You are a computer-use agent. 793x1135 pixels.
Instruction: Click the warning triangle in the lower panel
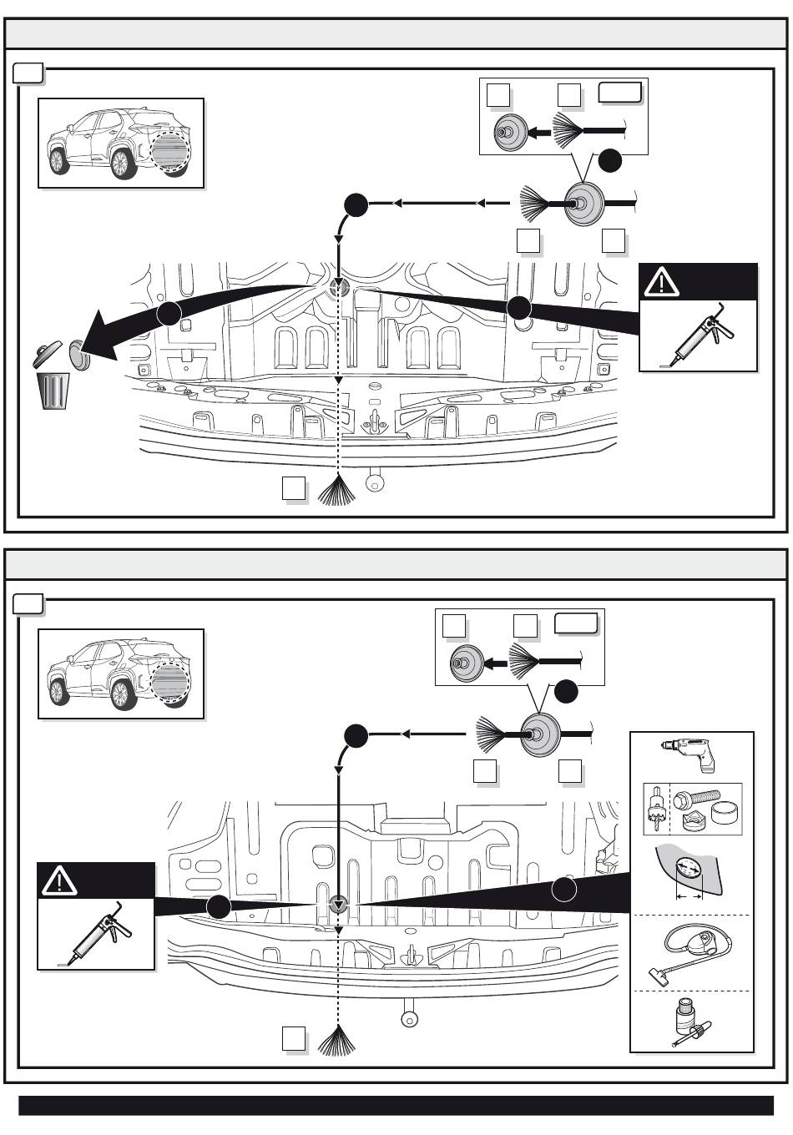coord(59,880)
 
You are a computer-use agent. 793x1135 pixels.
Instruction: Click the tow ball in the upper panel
coord(376,481)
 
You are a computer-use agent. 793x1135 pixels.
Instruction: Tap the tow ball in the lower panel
coord(409,1018)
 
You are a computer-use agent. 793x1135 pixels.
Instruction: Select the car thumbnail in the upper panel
coord(121,144)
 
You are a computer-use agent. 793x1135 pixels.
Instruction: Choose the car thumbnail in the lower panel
coord(121,673)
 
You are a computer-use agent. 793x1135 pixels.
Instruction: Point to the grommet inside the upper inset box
coord(506,133)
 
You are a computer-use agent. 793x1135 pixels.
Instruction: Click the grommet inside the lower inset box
coord(462,664)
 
